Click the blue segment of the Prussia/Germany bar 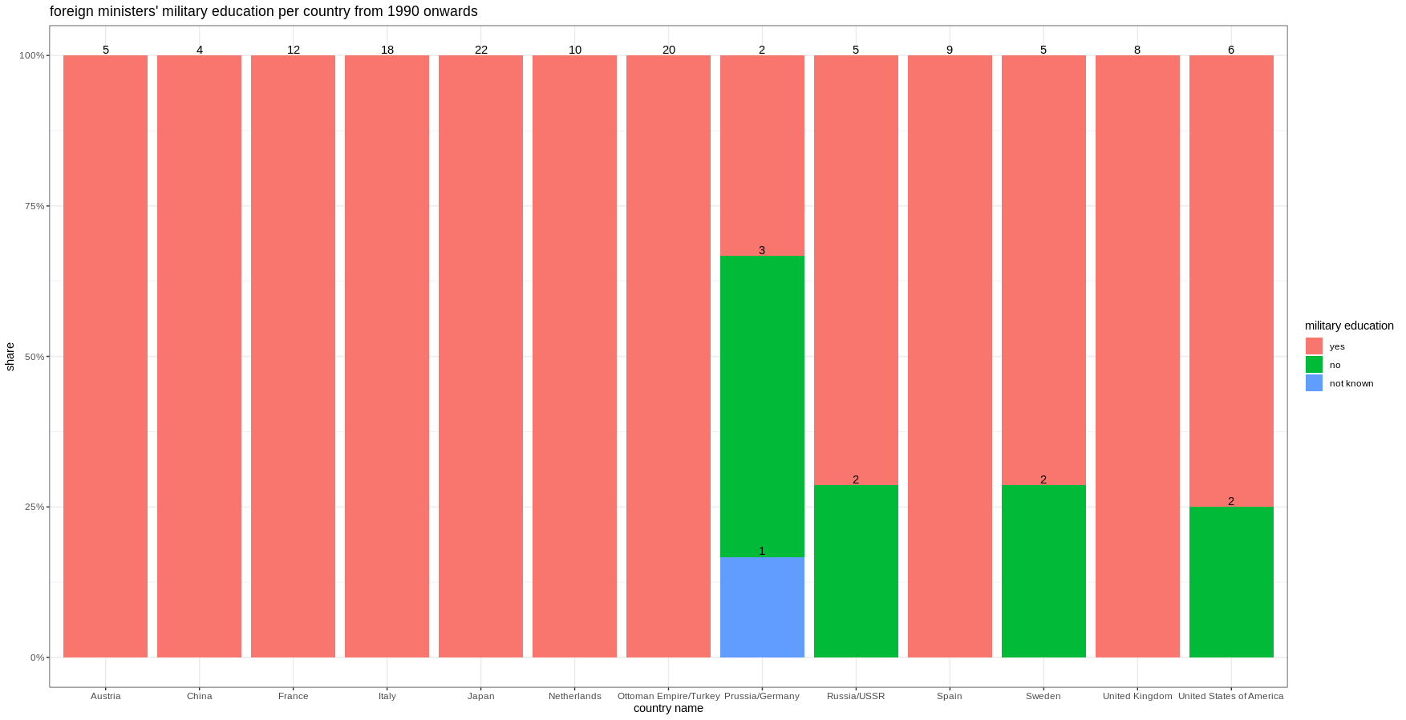click(762, 607)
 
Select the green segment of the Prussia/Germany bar click(762, 407)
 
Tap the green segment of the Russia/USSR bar click(856, 571)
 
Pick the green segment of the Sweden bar click(1043, 571)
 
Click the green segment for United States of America click(1231, 581)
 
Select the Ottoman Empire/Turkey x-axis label click(668, 696)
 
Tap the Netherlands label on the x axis click(574, 696)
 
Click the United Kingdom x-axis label click(1137, 696)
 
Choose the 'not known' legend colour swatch click(1314, 383)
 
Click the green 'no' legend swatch click(1314, 365)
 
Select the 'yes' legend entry click(1336, 346)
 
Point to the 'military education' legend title click(1349, 326)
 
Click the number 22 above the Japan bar click(481, 50)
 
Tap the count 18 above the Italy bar click(387, 50)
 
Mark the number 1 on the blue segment click(762, 551)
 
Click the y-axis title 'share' click(10, 357)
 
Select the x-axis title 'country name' click(668, 708)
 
